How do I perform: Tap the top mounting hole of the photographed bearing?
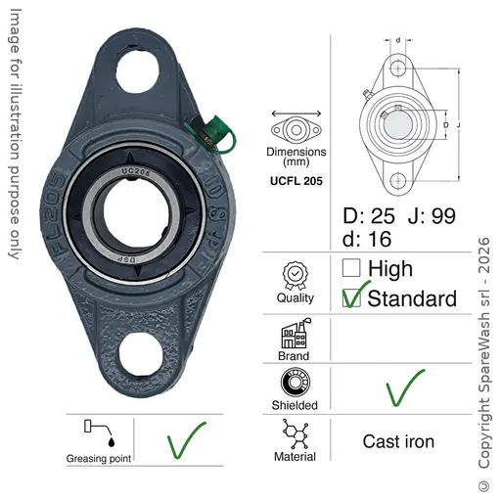(x=137, y=71)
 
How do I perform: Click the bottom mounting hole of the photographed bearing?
(x=140, y=355)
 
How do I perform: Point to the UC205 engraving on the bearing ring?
(x=136, y=172)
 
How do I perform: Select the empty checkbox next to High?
(x=351, y=267)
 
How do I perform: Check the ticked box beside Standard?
(x=351, y=297)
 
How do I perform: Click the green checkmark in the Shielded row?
(x=405, y=387)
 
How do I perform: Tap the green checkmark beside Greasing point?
(x=186, y=440)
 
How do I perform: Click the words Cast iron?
(x=398, y=441)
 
